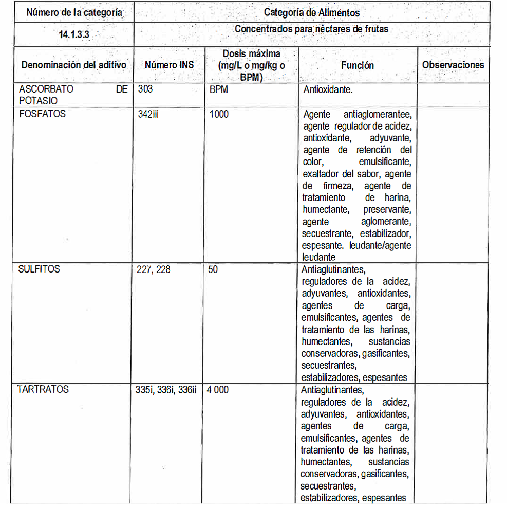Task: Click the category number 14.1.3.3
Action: click(x=74, y=37)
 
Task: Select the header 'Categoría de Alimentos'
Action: click(x=312, y=12)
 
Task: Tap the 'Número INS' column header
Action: click(x=169, y=65)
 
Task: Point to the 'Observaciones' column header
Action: click(x=453, y=65)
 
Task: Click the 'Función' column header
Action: click(x=357, y=65)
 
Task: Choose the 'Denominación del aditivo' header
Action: click(x=73, y=65)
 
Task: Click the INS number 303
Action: click(x=145, y=89)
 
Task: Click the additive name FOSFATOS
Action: click(x=42, y=114)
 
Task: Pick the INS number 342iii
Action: click(x=148, y=114)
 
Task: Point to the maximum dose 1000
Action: click(x=219, y=114)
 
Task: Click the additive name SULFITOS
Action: click(x=39, y=269)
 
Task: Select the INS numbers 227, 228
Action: click(x=154, y=269)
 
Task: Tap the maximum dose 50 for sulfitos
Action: click(x=213, y=269)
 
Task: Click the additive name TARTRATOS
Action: click(x=43, y=389)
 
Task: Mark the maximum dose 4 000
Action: click(x=218, y=390)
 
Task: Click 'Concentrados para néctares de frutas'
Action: click(x=311, y=29)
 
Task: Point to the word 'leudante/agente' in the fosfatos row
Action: click(x=380, y=245)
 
